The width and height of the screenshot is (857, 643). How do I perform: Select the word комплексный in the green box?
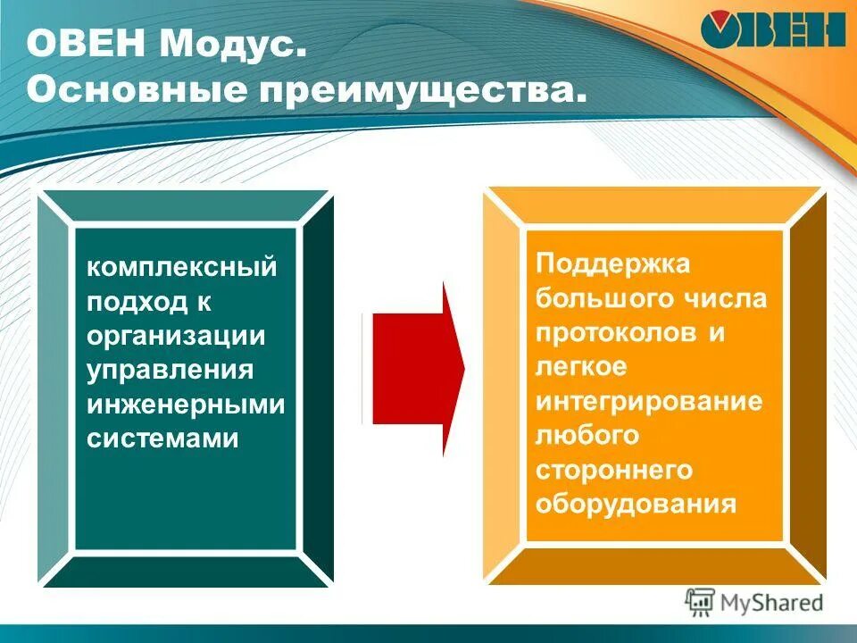181,268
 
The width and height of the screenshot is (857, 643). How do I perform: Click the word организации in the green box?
177,336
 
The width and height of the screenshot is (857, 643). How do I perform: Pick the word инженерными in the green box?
186,404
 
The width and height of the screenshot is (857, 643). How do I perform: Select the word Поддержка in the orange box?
613,264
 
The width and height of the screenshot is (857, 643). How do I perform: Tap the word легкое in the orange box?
581,367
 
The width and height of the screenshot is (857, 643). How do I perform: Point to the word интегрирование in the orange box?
649,401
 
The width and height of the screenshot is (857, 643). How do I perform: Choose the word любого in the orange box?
587,436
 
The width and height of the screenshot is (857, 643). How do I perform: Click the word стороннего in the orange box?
614,470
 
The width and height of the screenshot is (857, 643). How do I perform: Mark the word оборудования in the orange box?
636,504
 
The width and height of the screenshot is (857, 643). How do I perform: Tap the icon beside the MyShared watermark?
701,602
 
